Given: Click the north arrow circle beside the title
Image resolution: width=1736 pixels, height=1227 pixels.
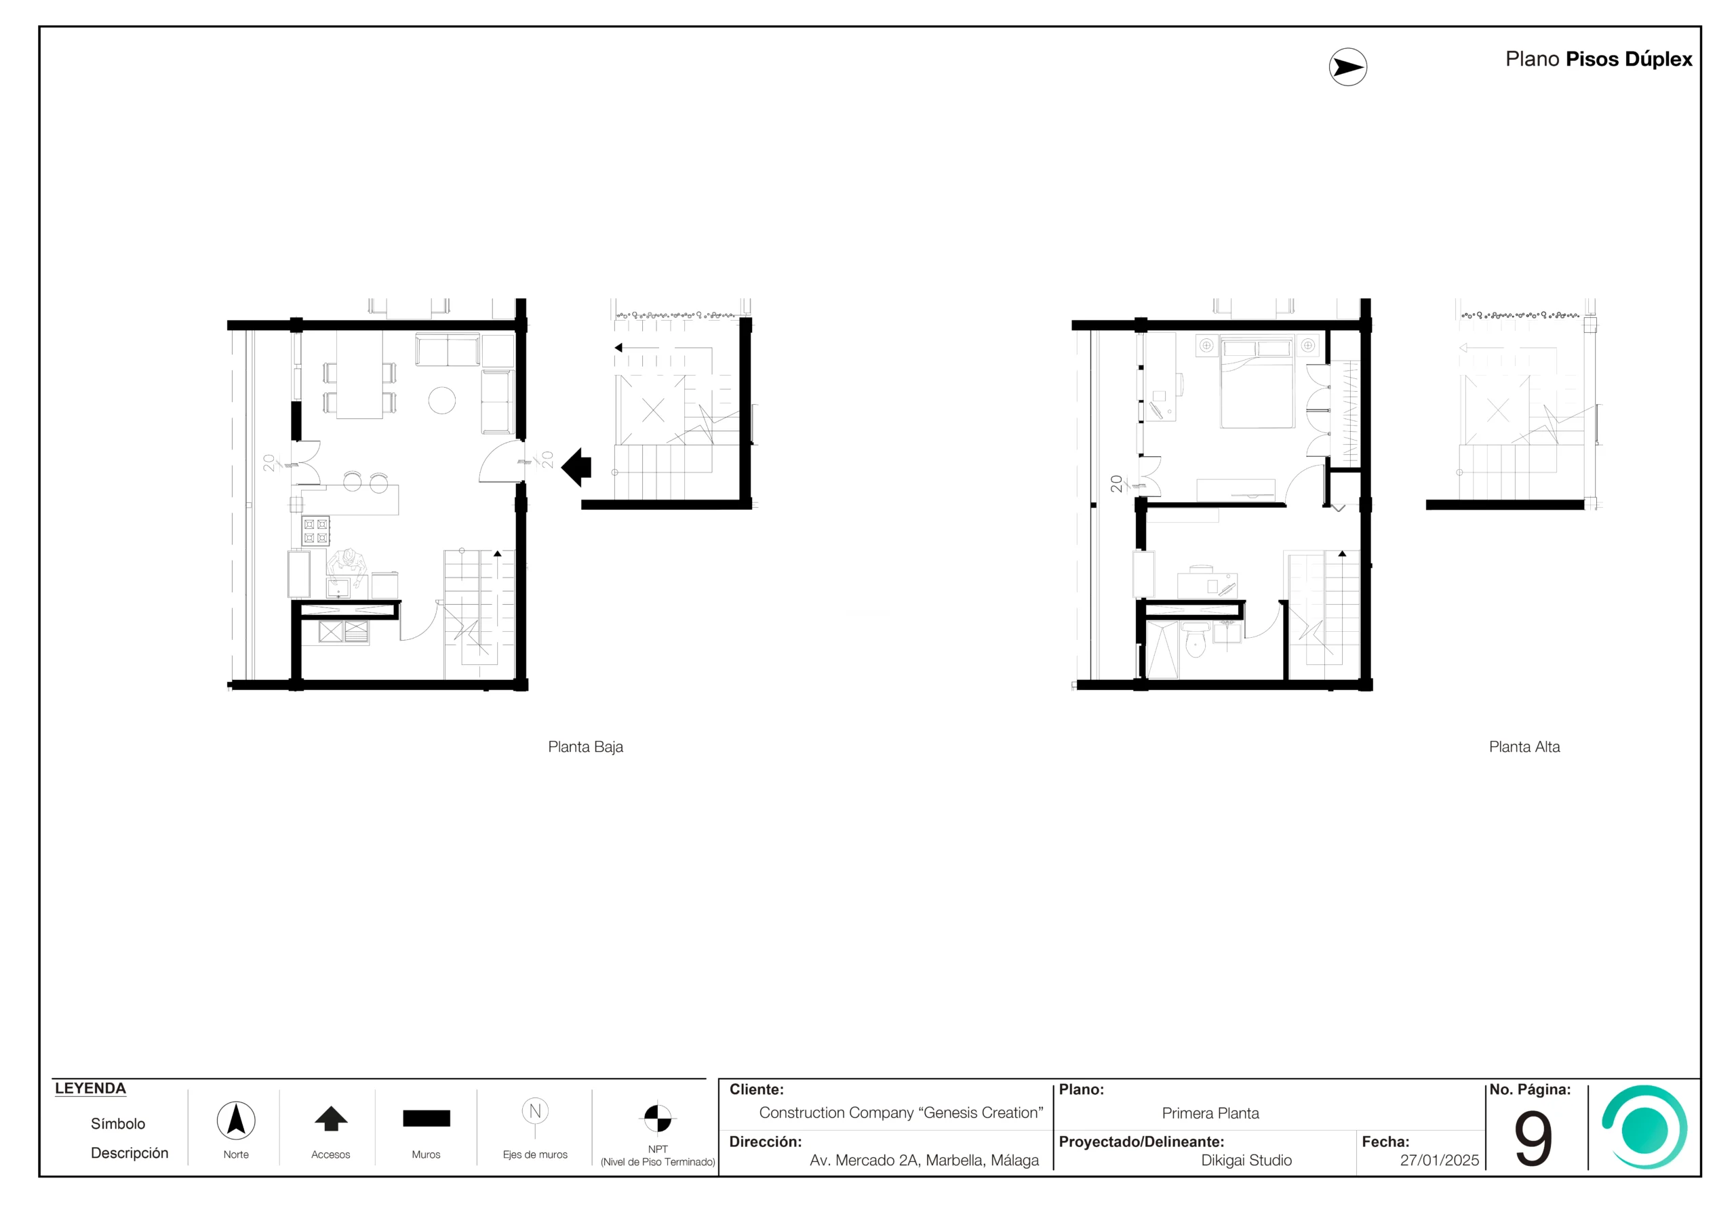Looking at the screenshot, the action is (x=1347, y=67).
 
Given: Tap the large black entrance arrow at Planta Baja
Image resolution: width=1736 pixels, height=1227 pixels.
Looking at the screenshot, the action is (x=576, y=467).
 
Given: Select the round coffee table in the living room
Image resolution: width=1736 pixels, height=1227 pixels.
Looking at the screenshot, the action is (x=442, y=400).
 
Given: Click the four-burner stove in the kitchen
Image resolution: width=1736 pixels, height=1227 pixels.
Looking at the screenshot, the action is (x=317, y=531).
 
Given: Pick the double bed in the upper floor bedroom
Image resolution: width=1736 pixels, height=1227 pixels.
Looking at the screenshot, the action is (x=1257, y=382).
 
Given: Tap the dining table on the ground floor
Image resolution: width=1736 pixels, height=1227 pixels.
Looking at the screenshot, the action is (x=360, y=375).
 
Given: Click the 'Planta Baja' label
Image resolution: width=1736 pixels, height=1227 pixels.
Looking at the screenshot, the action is (x=585, y=747).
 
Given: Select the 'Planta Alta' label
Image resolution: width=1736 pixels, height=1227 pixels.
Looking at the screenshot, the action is (x=1524, y=747).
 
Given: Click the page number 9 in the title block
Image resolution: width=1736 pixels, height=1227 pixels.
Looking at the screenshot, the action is (x=1533, y=1139).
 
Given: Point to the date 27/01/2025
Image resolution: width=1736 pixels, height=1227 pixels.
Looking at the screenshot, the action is (x=1439, y=1161).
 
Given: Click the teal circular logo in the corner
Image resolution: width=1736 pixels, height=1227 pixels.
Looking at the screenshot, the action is (x=1644, y=1127).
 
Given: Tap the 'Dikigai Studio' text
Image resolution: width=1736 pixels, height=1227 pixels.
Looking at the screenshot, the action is (x=1246, y=1161).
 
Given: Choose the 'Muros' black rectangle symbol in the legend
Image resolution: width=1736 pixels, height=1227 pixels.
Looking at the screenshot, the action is (x=427, y=1118).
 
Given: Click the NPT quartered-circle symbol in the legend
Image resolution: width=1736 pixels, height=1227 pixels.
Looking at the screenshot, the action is (x=657, y=1117).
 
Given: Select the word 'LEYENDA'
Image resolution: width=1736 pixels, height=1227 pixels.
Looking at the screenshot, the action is (x=90, y=1089).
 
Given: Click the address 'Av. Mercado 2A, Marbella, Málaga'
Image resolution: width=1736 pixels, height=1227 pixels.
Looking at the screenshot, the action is (x=924, y=1161).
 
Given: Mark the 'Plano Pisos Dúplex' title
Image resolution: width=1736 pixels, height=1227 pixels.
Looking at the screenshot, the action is (x=1598, y=59).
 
